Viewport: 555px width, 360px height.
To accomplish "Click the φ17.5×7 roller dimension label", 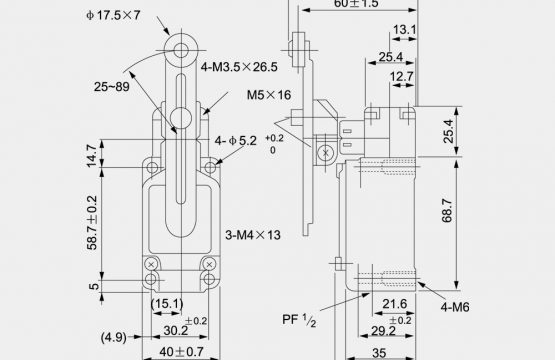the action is coord(113,15).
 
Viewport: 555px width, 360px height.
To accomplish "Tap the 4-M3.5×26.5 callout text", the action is coord(239,67).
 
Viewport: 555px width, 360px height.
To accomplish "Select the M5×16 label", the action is coord(269,95).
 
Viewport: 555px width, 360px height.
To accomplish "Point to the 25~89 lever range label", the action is coord(111,87).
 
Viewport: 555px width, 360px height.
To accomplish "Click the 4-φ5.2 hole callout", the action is coord(235,141).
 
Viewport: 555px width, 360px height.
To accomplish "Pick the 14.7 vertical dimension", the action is coord(91,156).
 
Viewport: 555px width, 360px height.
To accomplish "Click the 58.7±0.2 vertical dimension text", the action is coord(92,223).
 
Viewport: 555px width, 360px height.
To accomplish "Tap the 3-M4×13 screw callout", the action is coord(253,235).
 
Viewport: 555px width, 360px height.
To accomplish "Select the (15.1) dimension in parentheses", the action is coord(167,304).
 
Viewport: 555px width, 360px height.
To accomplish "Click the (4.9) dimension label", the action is coord(114,337).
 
